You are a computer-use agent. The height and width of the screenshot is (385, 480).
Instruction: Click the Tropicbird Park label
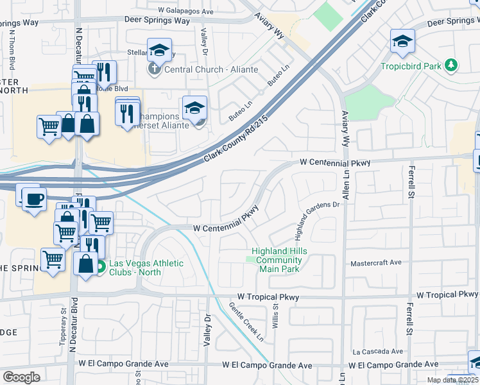[410, 66]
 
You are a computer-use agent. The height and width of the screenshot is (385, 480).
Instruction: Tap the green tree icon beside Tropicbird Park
[452, 65]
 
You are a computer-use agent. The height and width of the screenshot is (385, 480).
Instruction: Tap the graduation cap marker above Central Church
[159, 50]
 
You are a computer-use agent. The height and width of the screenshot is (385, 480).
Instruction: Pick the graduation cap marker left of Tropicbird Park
[402, 42]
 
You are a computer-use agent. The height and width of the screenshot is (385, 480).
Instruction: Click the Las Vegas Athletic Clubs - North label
[146, 268]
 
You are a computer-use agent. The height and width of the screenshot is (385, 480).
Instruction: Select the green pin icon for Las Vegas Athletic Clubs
[100, 268]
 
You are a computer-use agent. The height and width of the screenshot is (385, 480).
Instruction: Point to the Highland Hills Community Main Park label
[277, 260]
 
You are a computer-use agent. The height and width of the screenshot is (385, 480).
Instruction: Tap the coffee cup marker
[34, 198]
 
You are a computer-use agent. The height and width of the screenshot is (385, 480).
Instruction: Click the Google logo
[21, 377]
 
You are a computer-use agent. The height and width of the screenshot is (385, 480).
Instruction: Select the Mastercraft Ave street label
[376, 263]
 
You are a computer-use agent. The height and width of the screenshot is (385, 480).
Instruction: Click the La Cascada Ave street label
[378, 352]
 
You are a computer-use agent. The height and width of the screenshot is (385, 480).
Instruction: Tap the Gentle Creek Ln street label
[247, 321]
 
